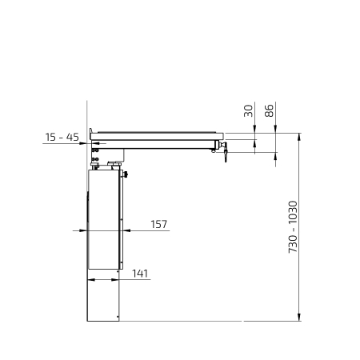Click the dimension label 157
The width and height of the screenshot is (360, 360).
159,224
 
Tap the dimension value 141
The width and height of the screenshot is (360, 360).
140,274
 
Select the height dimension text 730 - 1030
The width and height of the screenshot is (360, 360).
293,227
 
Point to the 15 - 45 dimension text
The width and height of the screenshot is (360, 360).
62,137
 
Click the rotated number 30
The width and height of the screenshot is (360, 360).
248,111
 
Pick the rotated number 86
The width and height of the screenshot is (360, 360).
270,110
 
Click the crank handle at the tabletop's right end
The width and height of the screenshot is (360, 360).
225,151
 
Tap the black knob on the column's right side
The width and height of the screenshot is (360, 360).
126,174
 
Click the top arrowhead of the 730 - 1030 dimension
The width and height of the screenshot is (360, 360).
299,137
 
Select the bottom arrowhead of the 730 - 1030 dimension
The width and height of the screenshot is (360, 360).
299,317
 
